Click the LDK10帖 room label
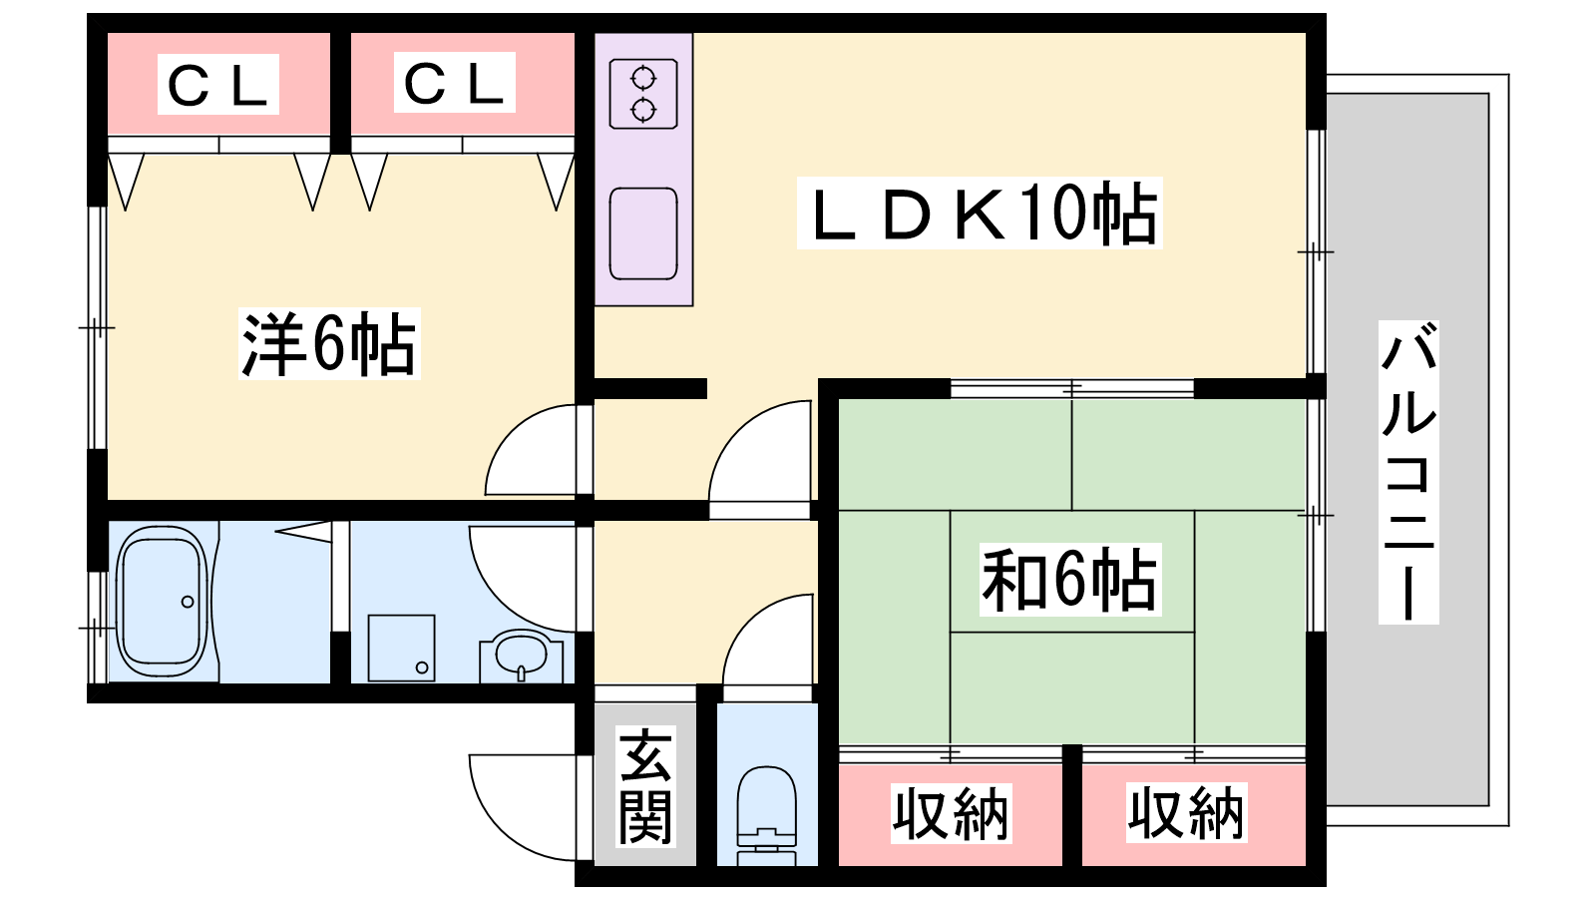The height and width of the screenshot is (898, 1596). (980, 214)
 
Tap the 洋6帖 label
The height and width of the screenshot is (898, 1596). (329, 343)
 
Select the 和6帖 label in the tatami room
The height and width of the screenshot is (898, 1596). (1070, 580)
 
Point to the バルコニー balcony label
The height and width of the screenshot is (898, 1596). (1408, 473)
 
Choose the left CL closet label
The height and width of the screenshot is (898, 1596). (218, 84)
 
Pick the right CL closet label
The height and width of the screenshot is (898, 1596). (455, 83)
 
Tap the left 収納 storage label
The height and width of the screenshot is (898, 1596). (952, 813)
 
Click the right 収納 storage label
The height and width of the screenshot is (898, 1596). (1187, 812)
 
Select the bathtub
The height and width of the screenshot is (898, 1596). (163, 603)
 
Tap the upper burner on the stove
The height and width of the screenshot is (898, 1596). (643, 77)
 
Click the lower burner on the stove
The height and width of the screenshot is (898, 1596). (643, 111)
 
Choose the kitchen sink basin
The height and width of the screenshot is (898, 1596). (643, 233)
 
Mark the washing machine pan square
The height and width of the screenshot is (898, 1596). (401, 648)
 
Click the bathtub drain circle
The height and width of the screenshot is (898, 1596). (188, 603)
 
